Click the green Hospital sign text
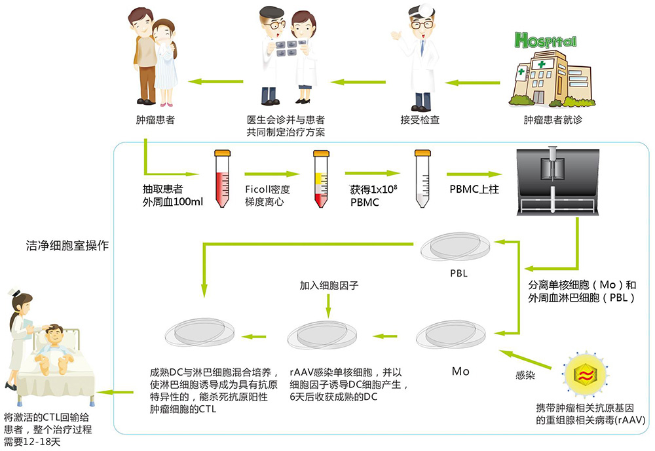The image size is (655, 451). click(x=546, y=41)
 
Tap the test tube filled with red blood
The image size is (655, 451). click(x=222, y=178)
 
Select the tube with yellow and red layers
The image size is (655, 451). click(x=321, y=179)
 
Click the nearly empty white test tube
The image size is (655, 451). click(x=422, y=178)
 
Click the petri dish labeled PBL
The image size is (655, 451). click(x=455, y=246)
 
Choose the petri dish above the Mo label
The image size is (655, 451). click(x=451, y=334)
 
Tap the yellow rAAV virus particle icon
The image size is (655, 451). click(x=586, y=374)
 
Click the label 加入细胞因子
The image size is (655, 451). click(x=329, y=285)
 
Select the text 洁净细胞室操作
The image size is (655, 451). click(x=67, y=245)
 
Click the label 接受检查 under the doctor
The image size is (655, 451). click(x=420, y=120)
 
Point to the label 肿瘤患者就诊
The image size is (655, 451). click(x=553, y=120)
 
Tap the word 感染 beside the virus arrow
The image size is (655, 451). click(x=525, y=376)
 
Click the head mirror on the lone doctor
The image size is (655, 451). click(x=426, y=9)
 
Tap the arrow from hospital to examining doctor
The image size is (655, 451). click(x=472, y=83)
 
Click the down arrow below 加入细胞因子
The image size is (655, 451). click(x=328, y=306)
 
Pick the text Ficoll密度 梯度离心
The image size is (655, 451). click(x=267, y=195)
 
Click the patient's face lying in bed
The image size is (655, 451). click(x=54, y=334)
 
